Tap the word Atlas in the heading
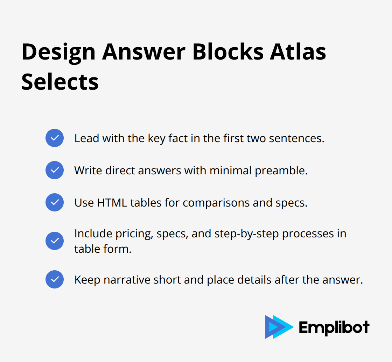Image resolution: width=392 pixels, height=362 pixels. click(x=298, y=52)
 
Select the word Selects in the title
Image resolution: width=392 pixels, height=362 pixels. click(x=60, y=82)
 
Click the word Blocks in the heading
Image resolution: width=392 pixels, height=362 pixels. click(x=228, y=52)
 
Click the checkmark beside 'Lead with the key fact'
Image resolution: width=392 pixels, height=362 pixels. click(x=55, y=138)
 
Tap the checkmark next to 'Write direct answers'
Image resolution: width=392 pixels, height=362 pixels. click(x=55, y=170)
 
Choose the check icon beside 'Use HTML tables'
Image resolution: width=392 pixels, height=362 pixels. click(x=55, y=202)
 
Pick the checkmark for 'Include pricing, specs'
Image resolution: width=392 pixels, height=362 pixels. click(x=55, y=241)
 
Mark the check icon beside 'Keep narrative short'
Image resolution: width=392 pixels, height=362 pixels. click(x=55, y=279)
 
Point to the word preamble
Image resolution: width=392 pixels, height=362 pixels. click(x=281, y=171)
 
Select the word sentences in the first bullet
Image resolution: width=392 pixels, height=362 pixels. click(x=296, y=138)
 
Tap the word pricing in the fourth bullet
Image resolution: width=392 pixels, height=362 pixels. click(x=134, y=234)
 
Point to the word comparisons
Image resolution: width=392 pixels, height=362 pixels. click(x=216, y=203)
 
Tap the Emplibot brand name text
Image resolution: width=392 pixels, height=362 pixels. click(x=334, y=327)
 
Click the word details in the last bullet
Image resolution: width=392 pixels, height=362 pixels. click(x=254, y=280)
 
